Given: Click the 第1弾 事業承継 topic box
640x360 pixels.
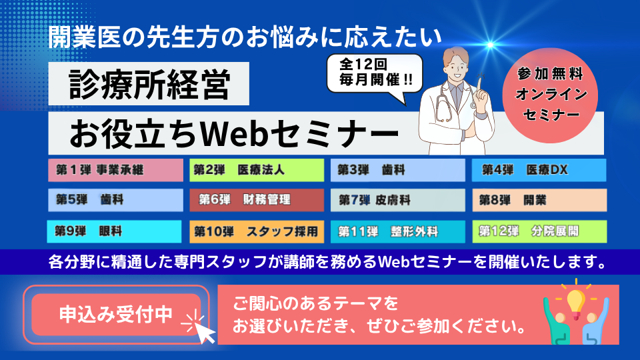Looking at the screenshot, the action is point(115,170).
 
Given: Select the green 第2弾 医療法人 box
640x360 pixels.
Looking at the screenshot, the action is point(257,170).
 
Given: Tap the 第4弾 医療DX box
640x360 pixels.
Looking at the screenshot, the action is point(539,170).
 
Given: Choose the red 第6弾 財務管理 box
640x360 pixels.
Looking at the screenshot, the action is point(257,200).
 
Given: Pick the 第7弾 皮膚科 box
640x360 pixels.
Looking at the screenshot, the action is point(398,200).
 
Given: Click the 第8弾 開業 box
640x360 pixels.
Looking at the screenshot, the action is point(539,200).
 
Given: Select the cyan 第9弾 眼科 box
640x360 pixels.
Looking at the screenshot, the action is point(114,231).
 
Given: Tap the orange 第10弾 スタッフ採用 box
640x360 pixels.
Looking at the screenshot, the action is point(257,231).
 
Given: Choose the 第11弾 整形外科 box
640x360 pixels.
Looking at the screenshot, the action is point(398,231).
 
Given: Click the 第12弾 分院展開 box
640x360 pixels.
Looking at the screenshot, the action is point(539,231).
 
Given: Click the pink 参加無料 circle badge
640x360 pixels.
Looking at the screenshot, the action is point(550,95).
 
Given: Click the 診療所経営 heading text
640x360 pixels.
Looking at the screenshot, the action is point(149,84).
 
